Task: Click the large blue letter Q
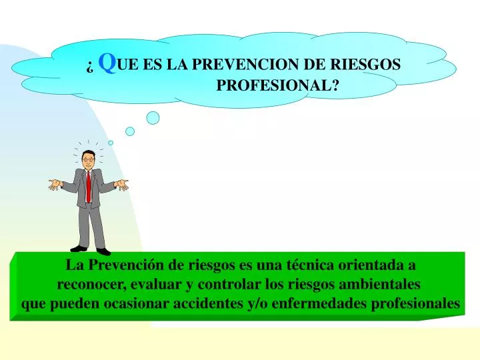tap(107, 63)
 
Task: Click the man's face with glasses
tap(88, 159)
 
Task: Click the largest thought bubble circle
tap(153, 118)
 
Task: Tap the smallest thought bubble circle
tap(111, 142)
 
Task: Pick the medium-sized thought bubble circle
tap(130, 131)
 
